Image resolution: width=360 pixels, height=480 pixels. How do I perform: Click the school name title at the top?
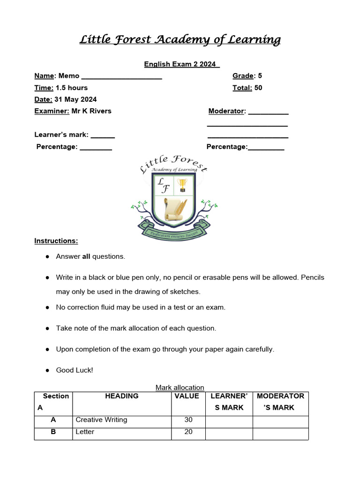(180, 40)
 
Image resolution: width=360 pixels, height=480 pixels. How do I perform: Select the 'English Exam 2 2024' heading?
(181, 64)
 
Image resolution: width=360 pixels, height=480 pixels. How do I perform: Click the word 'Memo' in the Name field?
(69, 76)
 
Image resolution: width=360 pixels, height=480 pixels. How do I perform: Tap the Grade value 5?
(260, 76)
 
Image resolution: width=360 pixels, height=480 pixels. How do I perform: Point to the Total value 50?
(258, 88)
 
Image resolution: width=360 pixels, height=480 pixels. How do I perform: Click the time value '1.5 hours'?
(72, 88)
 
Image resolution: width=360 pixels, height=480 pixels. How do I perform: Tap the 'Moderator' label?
(226, 111)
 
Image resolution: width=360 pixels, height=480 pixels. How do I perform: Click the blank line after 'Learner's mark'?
(103, 135)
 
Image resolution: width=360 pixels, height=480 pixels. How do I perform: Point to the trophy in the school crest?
(182, 185)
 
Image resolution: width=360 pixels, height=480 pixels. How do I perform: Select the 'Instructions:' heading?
(56, 241)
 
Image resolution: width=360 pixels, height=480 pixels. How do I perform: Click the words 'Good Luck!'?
(75, 370)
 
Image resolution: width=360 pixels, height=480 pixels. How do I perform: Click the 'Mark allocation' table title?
(180, 388)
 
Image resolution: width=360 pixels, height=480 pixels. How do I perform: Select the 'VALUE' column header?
(187, 396)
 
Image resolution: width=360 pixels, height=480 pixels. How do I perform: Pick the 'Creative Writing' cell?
(101, 420)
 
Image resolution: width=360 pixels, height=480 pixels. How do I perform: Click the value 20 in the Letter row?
(188, 432)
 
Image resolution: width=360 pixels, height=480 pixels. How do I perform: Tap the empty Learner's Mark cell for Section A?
(229, 420)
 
